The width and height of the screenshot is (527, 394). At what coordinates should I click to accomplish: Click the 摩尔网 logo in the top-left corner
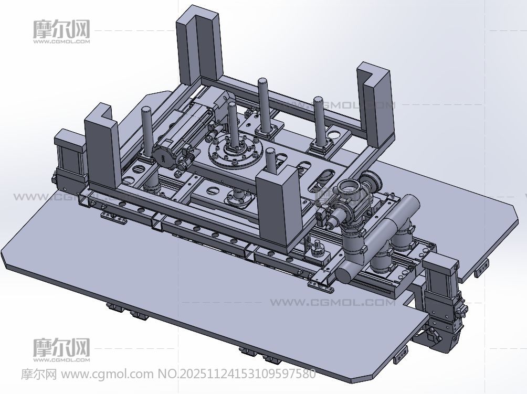pos(61,31)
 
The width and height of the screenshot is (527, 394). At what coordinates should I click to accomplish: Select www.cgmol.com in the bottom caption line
pos(107,374)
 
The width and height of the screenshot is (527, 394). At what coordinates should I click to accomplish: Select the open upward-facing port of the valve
pos(349,186)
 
